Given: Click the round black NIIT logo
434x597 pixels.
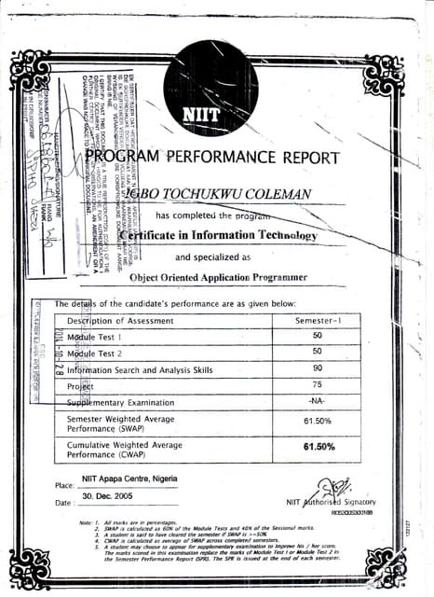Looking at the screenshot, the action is click(210, 89).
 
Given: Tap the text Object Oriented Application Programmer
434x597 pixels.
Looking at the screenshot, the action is click(218, 277).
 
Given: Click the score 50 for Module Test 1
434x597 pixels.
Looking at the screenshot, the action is click(318, 336).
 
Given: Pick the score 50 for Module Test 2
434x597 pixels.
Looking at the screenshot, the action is click(318, 352).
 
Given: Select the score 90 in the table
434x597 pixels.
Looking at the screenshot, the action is click(318, 369).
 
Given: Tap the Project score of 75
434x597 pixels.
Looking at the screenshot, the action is click(318, 385).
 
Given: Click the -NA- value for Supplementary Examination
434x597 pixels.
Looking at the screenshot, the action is click(318, 401).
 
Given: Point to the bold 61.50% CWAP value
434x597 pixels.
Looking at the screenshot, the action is click(319, 448).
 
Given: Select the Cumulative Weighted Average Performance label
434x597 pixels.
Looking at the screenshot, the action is click(125, 450).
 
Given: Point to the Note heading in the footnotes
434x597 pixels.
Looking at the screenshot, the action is click(88, 522).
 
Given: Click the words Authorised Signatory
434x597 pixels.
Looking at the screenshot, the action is click(332, 503).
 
